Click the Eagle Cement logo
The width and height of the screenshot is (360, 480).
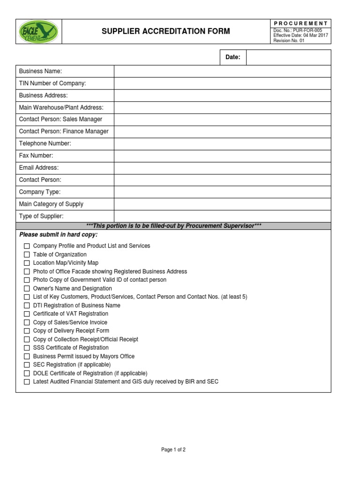[x=38, y=32]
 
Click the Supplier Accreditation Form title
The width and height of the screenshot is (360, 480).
[x=166, y=31]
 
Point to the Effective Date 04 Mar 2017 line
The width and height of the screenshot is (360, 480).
[x=300, y=36]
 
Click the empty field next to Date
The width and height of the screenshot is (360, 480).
[x=288, y=57]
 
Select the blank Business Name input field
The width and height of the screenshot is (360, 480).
[x=222, y=71]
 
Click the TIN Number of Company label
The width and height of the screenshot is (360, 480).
[x=52, y=83]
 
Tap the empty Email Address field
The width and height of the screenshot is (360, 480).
[x=222, y=168]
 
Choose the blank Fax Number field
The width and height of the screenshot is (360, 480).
[x=222, y=156]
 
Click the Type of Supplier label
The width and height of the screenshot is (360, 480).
[x=41, y=216]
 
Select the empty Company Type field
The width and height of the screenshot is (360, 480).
[x=222, y=192]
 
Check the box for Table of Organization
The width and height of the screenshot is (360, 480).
[x=27, y=255]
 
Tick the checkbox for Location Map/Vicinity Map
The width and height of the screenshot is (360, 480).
[x=27, y=263]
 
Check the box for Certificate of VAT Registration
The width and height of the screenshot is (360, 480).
[x=27, y=314]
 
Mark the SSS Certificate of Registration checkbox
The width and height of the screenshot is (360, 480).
[x=27, y=348]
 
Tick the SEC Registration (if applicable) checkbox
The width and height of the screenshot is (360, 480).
[x=27, y=365]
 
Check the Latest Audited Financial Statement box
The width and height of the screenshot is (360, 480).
[x=27, y=382]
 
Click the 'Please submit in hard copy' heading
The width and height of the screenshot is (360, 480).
[x=58, y=234]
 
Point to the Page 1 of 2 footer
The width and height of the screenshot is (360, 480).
[x=173, y=450]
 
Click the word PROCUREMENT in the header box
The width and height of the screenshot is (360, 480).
[x=300, y=23]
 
